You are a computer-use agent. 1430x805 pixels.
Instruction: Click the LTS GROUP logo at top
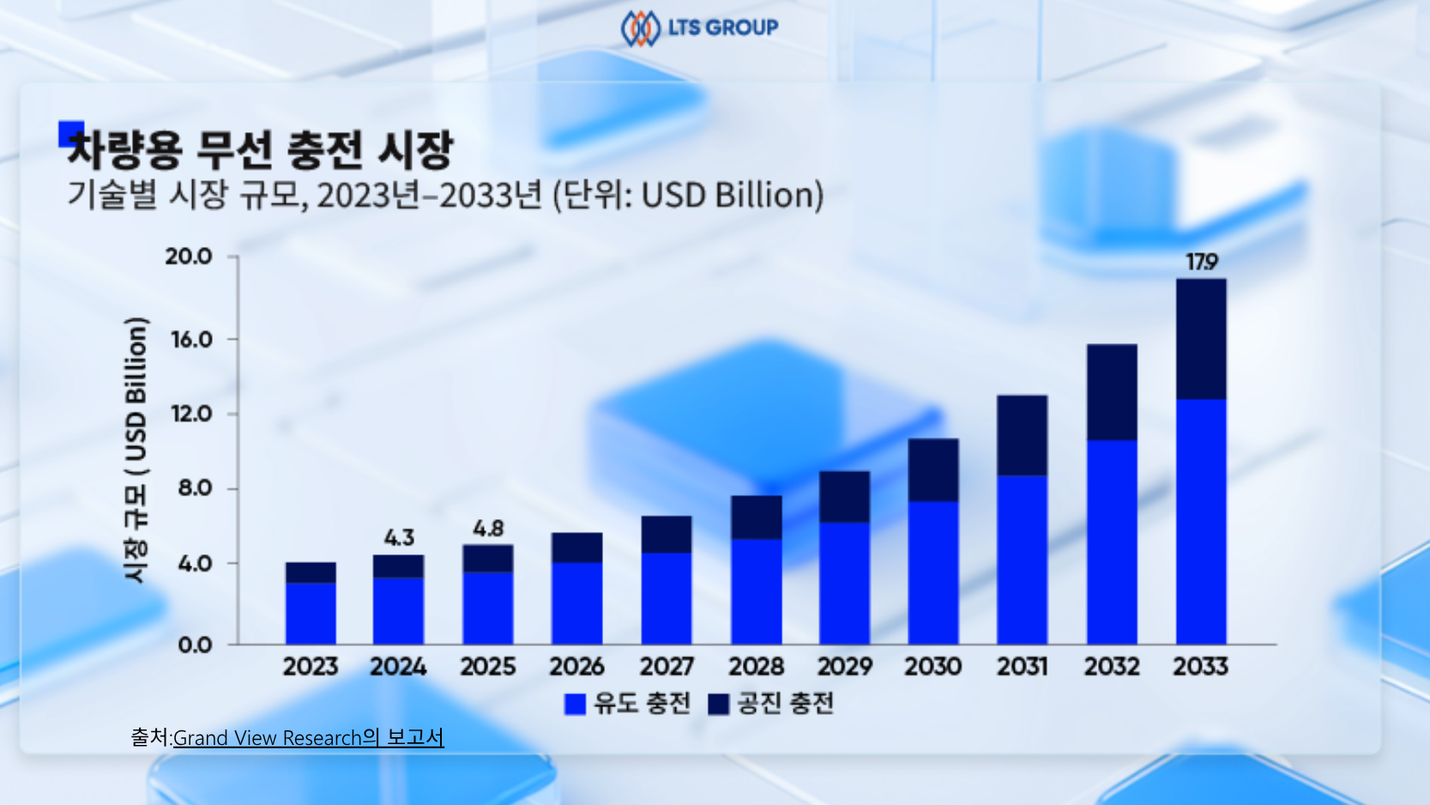(699, 27)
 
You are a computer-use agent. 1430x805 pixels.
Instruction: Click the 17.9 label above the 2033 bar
(1201, 262)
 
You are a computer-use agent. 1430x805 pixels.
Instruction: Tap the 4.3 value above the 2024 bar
(399, 538)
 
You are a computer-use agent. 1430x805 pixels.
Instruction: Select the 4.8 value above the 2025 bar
(488, 529)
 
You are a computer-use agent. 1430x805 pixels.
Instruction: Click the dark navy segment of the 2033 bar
(1201, 339)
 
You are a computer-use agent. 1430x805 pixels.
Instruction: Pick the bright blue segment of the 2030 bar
(933, 572)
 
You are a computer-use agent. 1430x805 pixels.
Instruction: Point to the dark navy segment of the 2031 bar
(1022, 435)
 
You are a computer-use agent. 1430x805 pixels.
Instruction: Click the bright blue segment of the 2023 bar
(311, 614)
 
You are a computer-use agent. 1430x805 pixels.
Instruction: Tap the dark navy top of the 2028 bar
(756, 517)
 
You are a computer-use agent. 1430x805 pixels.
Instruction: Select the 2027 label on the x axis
(667, 667)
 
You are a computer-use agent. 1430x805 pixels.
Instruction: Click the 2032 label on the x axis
(1112, 667)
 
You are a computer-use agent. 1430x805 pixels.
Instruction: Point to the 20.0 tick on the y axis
(189, 257)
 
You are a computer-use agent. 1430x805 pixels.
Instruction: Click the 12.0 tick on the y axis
(191, 414)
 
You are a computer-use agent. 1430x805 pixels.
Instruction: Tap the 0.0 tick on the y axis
(195, 645)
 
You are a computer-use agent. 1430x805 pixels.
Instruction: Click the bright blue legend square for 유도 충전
(575, 705)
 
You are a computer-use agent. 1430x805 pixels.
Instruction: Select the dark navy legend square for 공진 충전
(719, 705)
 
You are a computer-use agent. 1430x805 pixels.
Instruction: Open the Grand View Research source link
(308, 738)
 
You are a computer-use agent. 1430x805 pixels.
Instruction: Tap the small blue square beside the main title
(70, 133)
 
